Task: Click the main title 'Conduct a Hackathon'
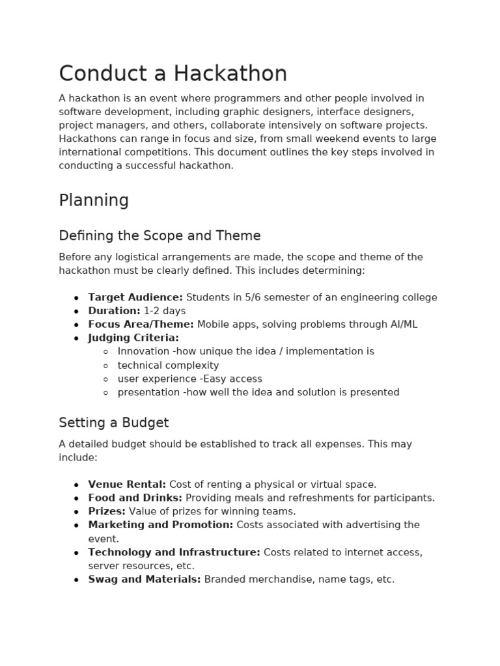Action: coord(173,74)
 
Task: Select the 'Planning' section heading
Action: coord(94,200)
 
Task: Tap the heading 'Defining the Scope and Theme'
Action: coord(160,235)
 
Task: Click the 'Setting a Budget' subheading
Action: coord(113,423)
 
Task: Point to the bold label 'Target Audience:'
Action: coord(135,297)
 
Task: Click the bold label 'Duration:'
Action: coord(114,311)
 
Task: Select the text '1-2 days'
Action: coord(165,311)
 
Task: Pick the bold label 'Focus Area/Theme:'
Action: coord(141,325)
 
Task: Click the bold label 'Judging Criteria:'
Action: coord(133,338)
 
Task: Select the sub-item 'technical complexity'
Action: coord(168,366)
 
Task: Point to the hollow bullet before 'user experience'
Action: coord(106,379)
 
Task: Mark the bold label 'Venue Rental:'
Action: coord(127,485)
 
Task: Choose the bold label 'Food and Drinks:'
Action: coord(135,498)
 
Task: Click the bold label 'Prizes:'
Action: coord(107,512)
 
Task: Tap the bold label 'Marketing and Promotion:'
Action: coord(160,525)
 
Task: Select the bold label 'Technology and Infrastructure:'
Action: coord(174,552)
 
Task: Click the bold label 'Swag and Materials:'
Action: coord(145,579)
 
